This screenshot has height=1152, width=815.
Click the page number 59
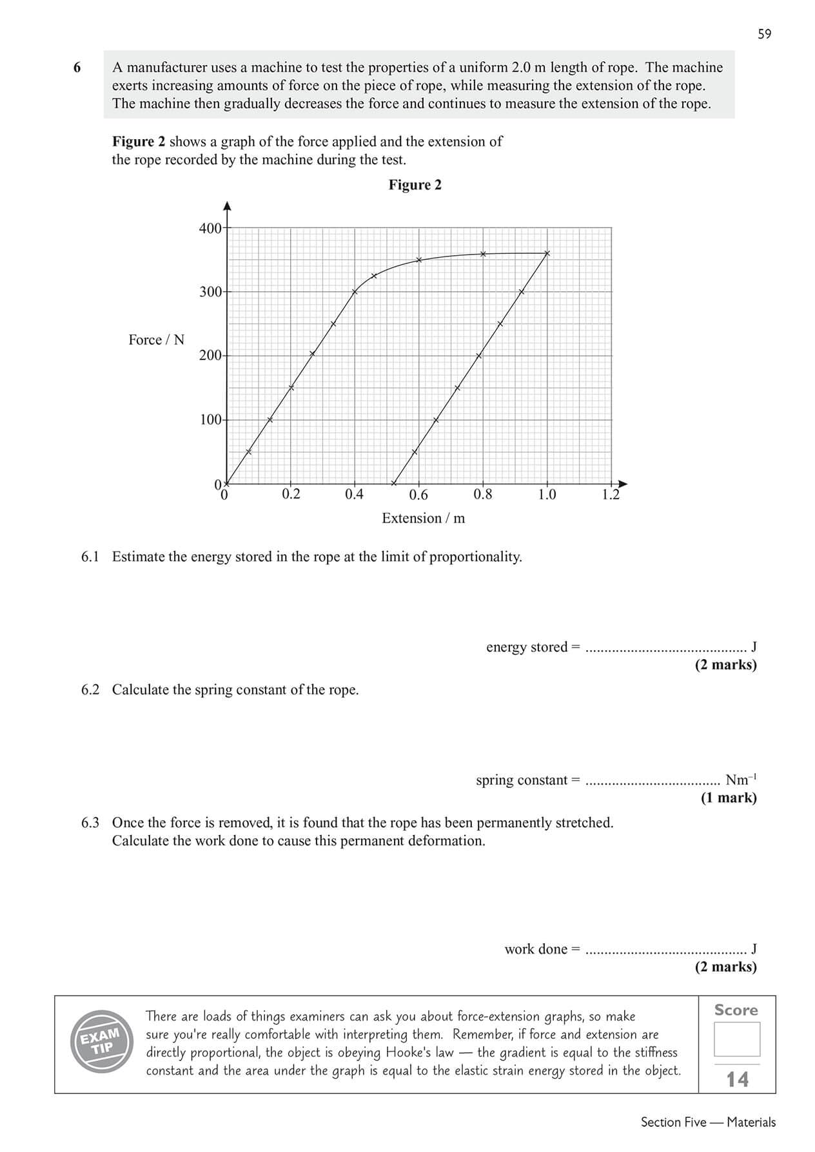(x=764, y=34)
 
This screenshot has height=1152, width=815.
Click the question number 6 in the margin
(x=77, y=68)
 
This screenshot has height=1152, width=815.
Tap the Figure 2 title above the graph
(x=415, y=185)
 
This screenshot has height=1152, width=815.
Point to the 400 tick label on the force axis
(x=210, y=228)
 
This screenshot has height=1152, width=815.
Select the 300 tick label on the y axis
(x=210, y=292)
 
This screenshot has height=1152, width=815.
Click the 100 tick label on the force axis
(x=210, y=420)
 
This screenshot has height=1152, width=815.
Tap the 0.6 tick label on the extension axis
(x=418, y=495)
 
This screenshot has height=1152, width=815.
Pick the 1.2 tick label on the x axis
(x=610, y=495)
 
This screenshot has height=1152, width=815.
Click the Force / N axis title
(x=156, y=340)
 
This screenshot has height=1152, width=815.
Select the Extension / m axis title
(x=423, y=518)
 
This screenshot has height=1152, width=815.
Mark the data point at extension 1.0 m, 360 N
(x=547, y=253)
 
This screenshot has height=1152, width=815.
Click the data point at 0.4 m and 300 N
(x=355, y=292)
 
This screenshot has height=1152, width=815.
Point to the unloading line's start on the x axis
(x=393, y=483)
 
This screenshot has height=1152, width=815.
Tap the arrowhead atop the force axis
(x=227, y=206)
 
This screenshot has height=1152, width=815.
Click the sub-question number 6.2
(x=90, y=689)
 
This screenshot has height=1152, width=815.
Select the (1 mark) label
(x=729, y=798)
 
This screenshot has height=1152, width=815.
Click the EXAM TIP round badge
(x=102, y=1041)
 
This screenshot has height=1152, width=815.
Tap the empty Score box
(x=736, y=1039)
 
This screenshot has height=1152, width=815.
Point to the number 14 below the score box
(x=738, y=1079)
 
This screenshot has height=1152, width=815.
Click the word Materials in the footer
(x=751, y=1122)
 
